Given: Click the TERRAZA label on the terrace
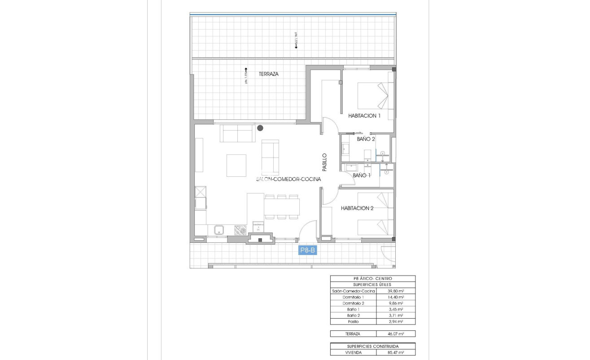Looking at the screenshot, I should pyautogui.click(x=268, y=74).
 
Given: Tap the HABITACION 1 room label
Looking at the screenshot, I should pyautogui.click(x=364, y=116).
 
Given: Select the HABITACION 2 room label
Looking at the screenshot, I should pyautogui.click(x=357, y=208).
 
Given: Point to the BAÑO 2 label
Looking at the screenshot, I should pyautogui.click(x=366, y=139).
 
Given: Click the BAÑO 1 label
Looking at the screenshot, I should pyautogui.click(x=362, y=175).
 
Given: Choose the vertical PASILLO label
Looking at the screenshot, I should pyautogui.click(x=324, y=162).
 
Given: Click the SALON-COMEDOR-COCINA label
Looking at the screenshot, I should pyautogui.click(x=288, y=179).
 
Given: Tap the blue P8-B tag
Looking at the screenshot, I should pyautogui.click(x=308, y=250).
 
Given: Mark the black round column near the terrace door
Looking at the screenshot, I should pyautogui.click(x=260, y=128).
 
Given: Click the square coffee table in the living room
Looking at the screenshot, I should pyautogui.click(x=236, y=165).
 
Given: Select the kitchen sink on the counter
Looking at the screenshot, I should pyautogui.click(x=219, y=230).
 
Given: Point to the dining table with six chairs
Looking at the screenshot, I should pyautogui.click(x=282, y=207).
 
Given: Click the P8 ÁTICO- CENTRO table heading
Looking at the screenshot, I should pyautogui.click(x=372, y=278).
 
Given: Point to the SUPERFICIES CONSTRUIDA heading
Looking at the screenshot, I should pyautogui.click(x=372, y=347).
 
